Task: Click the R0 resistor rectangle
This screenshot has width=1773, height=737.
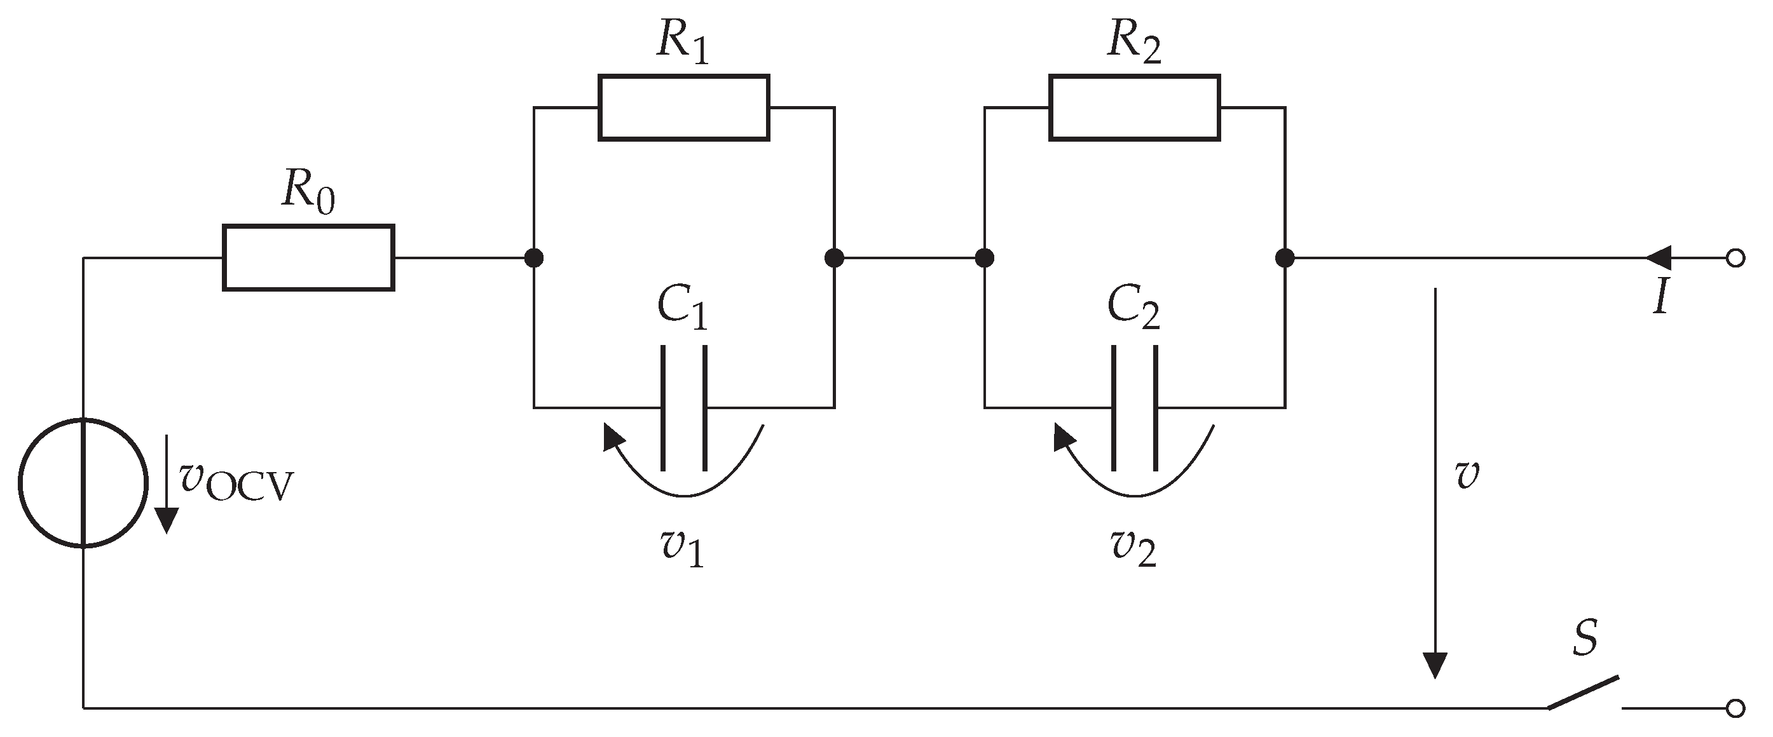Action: point(308,258)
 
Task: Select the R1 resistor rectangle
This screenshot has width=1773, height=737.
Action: point(683,108)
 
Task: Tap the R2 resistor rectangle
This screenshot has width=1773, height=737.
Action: point(1134,108)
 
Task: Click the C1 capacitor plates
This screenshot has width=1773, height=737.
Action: point(683,408)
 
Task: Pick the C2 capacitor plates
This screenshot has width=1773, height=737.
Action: point(1134,408)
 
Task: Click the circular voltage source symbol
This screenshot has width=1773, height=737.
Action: point(83,483)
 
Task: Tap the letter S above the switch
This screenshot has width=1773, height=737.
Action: point(1585,637)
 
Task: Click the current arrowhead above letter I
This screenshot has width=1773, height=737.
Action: point(1659,258)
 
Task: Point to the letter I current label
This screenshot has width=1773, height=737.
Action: point(1661,299)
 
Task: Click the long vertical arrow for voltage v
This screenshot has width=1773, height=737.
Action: point(1435,482)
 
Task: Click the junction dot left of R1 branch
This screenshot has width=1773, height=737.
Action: point(534,258)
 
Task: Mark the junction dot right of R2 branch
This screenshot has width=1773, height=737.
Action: point(1284,258)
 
